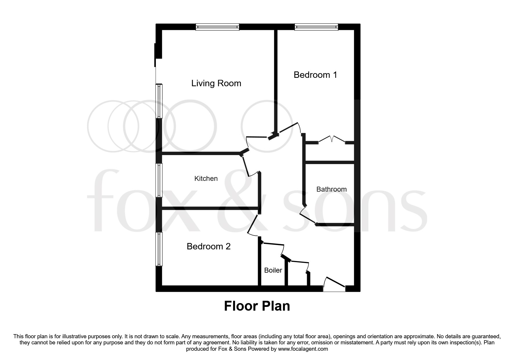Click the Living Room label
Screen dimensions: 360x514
tap(216, 83)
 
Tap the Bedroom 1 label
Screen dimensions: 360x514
tap(315, 75)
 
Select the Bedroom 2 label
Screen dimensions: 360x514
tap(208, 246)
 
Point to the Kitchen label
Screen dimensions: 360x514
tap(206, 179)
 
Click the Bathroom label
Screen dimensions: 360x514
tap(331, 189)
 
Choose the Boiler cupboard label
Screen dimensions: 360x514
tap(273, 270)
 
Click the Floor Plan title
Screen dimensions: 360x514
tap(257, 306)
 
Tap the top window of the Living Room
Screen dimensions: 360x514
tap(217, 27)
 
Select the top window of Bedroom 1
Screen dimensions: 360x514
tap(316, 27)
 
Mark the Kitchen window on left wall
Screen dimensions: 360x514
tap(159, 180)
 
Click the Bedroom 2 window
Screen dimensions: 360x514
tap(159, 249)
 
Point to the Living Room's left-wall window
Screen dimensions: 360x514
tap(159, 101)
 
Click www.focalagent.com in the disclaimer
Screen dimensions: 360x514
tap(303, 349)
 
